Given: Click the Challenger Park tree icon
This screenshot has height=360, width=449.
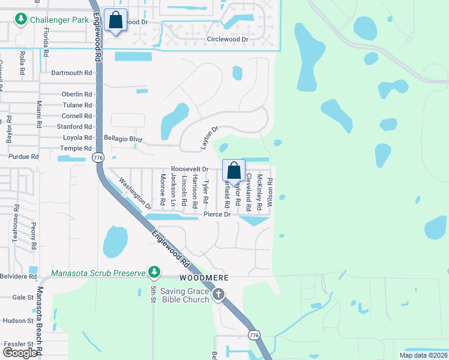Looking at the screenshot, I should [x=22, y=20].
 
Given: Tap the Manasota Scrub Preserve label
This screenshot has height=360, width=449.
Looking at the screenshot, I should [x=98, y=273].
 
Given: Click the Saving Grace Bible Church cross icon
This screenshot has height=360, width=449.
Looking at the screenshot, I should [x=218, y=295].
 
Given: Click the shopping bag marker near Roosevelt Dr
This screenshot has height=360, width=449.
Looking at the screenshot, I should [x=234, y=170].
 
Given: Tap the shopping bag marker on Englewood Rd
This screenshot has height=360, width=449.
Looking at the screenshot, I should [x=115, y=20].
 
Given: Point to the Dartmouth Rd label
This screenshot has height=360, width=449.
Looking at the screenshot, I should [x=71, y=73].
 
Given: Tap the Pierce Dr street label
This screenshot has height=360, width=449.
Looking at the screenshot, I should [x=217, y=214].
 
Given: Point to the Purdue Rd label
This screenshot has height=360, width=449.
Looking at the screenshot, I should [x=23, y=157].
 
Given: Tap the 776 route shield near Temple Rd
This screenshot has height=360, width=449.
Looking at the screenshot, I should [x=97, y=157].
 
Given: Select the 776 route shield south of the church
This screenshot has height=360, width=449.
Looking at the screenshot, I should [x=254, y=333].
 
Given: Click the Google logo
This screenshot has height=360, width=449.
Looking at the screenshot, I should [x=20, y=353].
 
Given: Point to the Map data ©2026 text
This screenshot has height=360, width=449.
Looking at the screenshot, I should [x=423, y=355].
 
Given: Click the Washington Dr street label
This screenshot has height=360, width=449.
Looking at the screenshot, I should [x=135, y=192].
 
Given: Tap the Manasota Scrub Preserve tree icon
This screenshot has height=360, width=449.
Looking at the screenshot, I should [x=154, y=272].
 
